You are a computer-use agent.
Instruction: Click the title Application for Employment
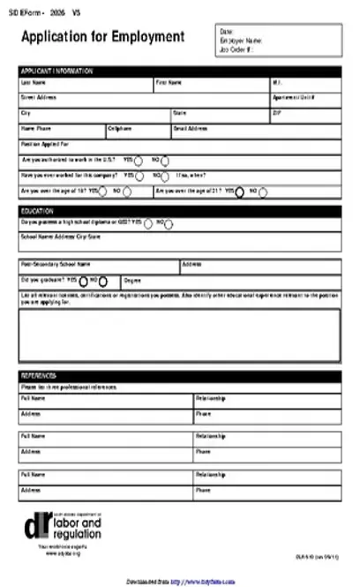[102, 37]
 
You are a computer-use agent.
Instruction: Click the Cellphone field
[137, 132]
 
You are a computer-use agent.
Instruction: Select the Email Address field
[256, 132]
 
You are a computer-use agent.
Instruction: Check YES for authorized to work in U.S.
[139, 161]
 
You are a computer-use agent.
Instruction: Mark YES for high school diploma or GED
[147, 224]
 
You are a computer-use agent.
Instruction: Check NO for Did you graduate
[103, 281]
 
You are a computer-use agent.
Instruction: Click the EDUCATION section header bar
[179, 212]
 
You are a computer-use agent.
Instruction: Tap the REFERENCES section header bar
[179, 375]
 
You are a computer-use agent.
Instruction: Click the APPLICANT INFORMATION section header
[179, 71]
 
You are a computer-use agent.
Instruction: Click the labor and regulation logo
[64, 530]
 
